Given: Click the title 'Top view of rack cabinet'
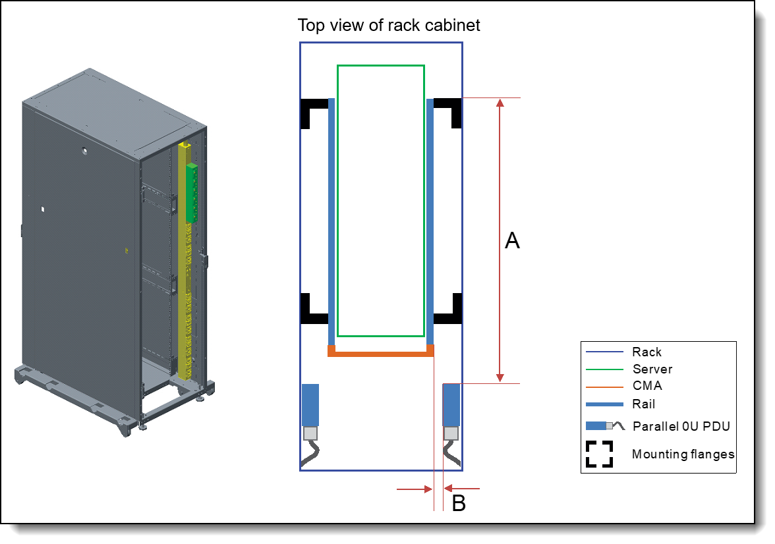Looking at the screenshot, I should coord(389,26).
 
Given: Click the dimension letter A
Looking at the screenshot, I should coord(512,241).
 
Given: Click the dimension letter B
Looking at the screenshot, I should coord(459,504).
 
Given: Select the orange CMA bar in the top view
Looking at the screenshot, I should coord(381,353).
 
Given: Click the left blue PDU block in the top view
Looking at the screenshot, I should coord(310,404).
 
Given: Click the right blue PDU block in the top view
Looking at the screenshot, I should coord(451,404).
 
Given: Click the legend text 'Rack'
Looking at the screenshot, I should coord(646,352).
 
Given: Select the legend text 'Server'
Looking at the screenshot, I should coord(652,369).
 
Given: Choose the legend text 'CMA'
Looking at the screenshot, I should coord(647,386).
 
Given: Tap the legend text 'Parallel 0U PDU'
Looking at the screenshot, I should coord(681,426).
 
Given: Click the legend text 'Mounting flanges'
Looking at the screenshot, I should coord(683,454).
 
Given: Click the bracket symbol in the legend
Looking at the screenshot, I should coord(599,454).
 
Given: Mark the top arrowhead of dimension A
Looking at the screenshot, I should coord(500,103).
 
